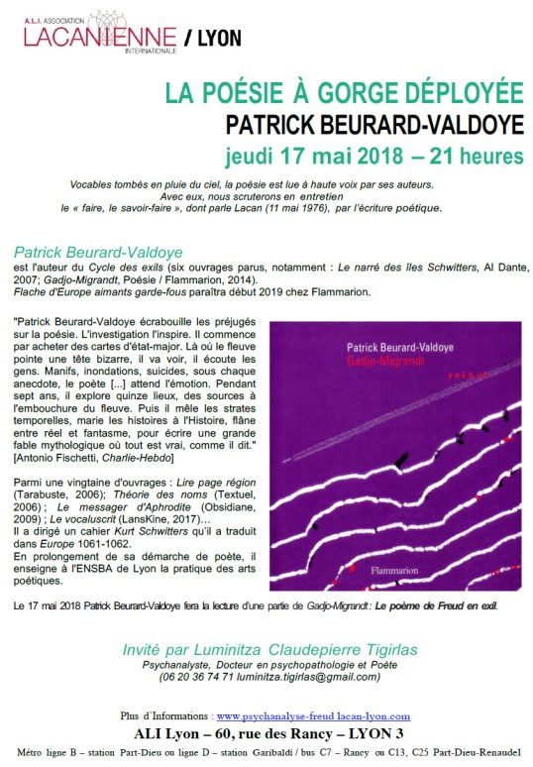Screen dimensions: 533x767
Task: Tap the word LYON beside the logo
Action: pos(218,39)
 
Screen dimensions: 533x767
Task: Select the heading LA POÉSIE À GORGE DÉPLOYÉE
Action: pos(344,94)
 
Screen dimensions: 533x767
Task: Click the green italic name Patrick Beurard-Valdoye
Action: pos(99,252)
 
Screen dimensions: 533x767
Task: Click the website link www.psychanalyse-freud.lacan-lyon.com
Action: pos(312,715)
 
